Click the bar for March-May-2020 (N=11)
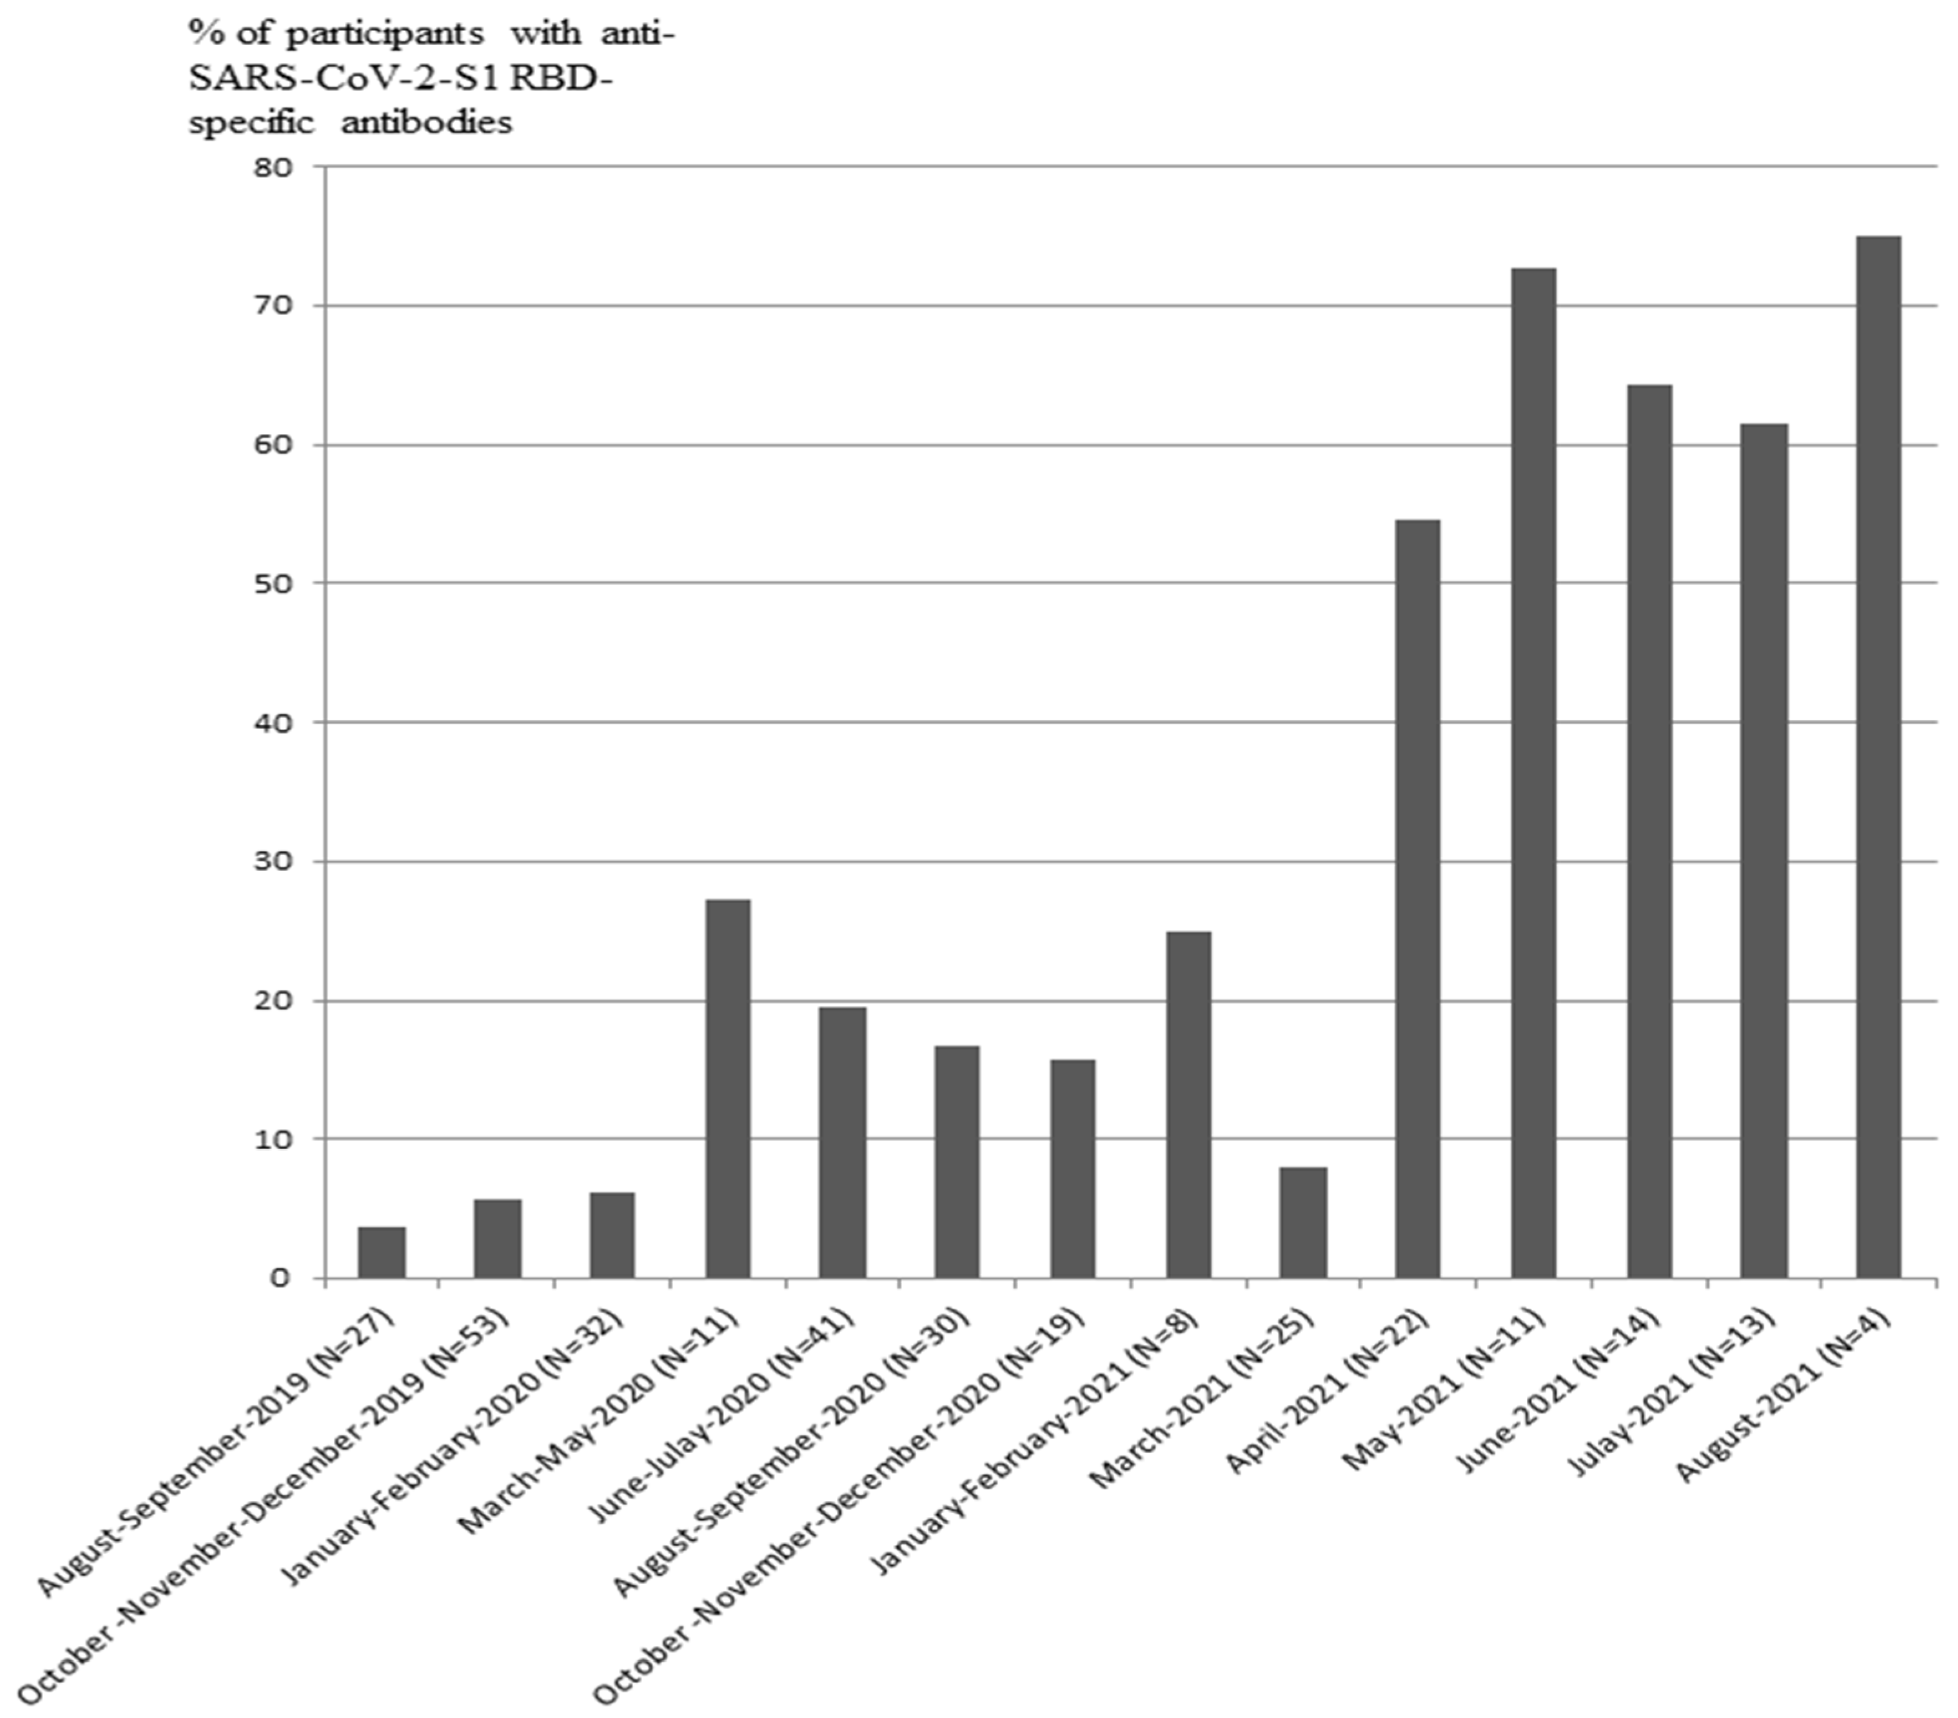pos(728,1088)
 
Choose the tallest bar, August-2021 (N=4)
pos(1878,756)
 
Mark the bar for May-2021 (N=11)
pos(1533,773)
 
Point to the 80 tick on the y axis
pos(274,167)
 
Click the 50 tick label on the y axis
pos(274,583)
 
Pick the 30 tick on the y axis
pos(274,861)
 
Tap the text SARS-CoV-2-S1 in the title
pos(345,78)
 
